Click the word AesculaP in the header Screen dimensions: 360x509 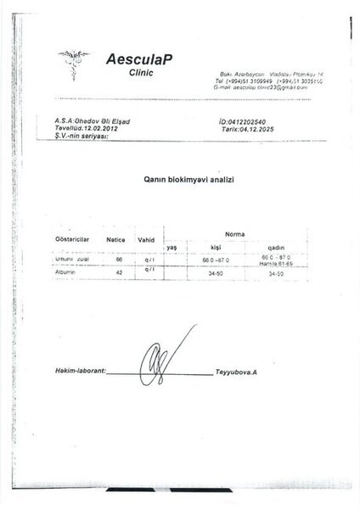pyautogui.click(x=140, y=59)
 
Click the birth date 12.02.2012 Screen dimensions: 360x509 pyautogui.click(x=104, y=129)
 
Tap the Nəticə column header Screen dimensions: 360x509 pyautogui.click(x=115, y=240)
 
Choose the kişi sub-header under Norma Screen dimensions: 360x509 pyautogui.click(x=204, y=247)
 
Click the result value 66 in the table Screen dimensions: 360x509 pyautogui.click(x=119, y=258)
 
